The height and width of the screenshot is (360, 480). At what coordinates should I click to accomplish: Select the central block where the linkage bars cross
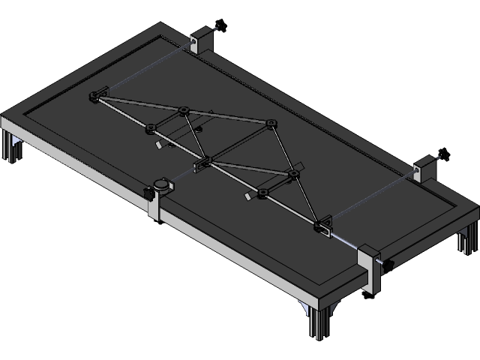[204, 163]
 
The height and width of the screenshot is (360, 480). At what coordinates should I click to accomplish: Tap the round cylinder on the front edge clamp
[161, 184]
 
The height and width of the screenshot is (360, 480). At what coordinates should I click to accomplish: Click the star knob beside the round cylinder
[148, 196]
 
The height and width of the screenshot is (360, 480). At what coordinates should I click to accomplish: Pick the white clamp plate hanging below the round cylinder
[154, 210]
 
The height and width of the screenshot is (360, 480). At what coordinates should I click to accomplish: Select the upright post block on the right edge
[425, 169]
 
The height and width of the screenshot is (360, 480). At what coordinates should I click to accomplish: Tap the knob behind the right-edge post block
[443, 156]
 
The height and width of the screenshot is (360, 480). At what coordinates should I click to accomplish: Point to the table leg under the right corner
[466, 244]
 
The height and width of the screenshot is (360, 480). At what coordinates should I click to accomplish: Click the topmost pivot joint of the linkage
[182, 112]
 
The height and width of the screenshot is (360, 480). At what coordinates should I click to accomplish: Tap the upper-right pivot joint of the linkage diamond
[270, 123]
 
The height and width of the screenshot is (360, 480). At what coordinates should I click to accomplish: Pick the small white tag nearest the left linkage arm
[159, 145]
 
